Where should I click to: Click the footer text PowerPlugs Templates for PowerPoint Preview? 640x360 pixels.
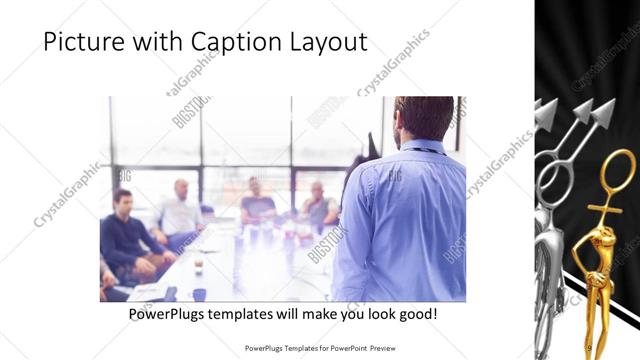point(320,348)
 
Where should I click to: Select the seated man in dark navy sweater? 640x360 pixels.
point(125,235)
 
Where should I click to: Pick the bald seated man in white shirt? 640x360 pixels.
point(180,210)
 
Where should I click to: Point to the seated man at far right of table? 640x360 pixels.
point(318,205)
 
